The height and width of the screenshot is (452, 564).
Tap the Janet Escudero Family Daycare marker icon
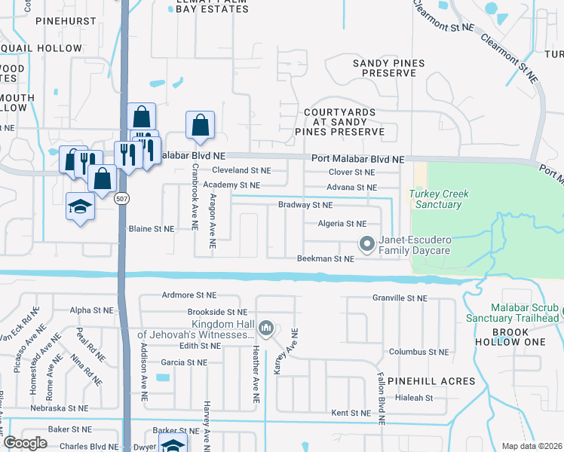pos(366,243)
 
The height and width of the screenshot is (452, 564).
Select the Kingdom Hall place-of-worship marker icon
pos(265,327)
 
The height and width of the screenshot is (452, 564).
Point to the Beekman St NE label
pos(325,259)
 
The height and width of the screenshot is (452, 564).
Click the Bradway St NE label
pos(305,205)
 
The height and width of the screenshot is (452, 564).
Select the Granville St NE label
pos(400,298)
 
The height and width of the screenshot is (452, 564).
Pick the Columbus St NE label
pos(418,352)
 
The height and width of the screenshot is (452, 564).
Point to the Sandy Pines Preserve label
pos(384,68)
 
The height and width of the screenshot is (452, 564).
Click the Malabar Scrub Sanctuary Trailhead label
pos(524,313)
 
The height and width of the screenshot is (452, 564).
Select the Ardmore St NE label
pos(189,295)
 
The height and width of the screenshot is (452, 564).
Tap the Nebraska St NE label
pos(60,408)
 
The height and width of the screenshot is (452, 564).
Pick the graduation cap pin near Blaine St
pos(80,206)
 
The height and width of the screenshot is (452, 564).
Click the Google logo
pos(25,443)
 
